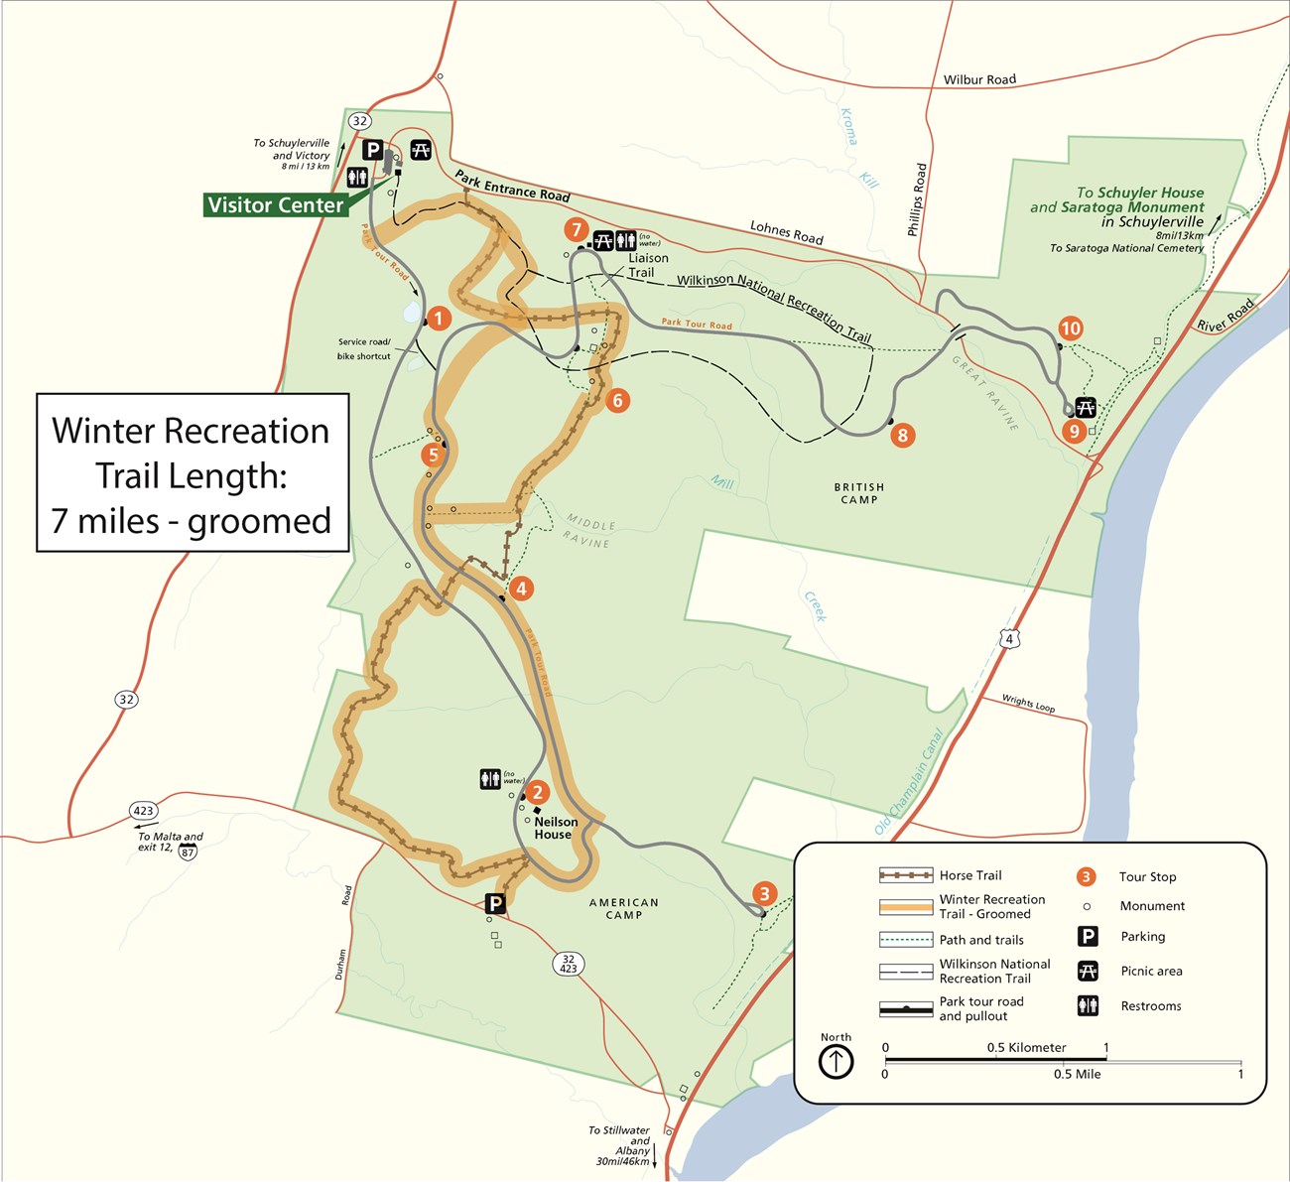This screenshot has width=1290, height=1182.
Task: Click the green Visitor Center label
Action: [275, 205]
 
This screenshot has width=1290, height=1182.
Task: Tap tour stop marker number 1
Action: [438, 319]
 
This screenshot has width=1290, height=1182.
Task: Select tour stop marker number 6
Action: [617, 400]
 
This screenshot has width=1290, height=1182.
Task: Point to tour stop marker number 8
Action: [902, 435]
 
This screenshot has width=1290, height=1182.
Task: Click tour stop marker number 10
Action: [1070, 328]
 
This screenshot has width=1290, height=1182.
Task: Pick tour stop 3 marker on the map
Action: [763, 893]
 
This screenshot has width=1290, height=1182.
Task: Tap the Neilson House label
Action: [555, 828]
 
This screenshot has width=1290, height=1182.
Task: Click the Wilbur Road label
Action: [979, 79]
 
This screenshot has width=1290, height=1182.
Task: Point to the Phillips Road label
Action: [918, 199]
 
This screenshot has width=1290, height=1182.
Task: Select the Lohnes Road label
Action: [786, 232]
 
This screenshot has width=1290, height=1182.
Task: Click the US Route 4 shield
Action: [1009, 639]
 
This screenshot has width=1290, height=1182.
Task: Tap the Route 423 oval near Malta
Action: [144, 811]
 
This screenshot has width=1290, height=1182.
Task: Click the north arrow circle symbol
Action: [836, 1062]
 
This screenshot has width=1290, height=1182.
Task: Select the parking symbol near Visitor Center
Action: [372, 150]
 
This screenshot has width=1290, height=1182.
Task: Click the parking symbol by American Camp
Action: [494, 904]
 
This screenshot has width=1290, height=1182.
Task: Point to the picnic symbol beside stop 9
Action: [1086, 407]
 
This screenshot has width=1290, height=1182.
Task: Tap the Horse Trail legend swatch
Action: [905, 875]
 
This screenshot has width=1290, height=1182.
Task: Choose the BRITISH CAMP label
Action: [858, 493]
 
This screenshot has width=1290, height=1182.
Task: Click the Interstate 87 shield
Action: [188, 852]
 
